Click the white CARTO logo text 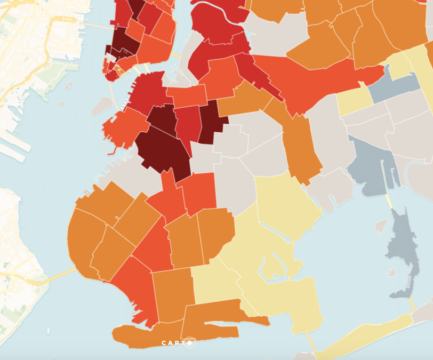point(176,343)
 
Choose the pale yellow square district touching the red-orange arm point(355,101)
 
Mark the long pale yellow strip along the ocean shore point(363,336)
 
